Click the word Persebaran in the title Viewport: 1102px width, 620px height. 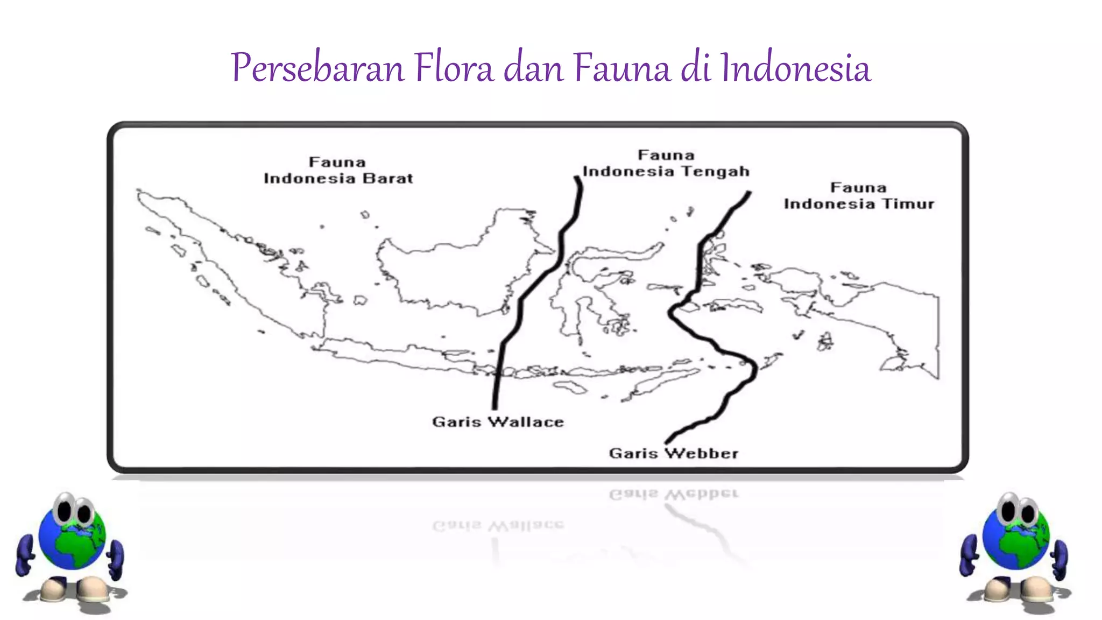tap(317, 68)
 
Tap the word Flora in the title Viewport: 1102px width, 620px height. tap(454, 68)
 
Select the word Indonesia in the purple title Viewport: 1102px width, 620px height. tap(795, 68)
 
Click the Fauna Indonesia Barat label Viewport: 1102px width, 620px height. tap(338, 170)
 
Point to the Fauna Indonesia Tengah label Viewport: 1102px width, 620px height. tap(666, 163)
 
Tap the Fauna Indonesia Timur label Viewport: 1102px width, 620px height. tap(858, 196)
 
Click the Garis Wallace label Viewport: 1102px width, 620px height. tap(498, 421)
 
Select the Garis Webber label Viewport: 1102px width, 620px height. tap(673, 453)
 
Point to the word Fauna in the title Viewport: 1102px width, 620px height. tap(621, 68)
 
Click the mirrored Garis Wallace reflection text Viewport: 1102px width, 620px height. tap(498, 525)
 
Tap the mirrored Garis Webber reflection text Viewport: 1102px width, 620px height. tap(673, 494)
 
